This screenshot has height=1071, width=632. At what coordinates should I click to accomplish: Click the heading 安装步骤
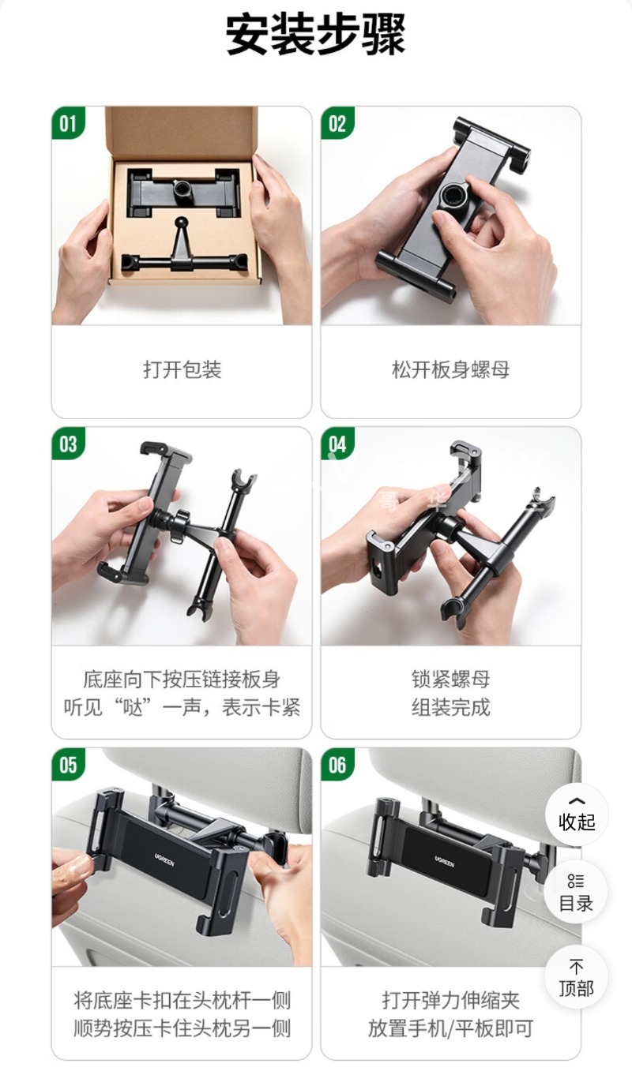316,36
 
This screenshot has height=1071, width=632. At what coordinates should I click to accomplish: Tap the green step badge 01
69,124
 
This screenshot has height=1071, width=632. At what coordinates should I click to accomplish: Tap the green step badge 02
337,124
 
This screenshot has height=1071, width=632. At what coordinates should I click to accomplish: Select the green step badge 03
69,444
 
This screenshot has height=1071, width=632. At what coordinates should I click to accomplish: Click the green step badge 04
337,444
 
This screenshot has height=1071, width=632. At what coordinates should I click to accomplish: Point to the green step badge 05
69,765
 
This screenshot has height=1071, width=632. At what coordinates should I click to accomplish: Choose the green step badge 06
337,765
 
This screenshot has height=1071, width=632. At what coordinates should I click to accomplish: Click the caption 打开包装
182,369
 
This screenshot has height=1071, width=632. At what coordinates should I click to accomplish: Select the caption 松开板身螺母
450,369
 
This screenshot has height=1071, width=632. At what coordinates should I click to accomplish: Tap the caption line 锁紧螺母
450,679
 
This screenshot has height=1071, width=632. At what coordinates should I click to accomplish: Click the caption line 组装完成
450,707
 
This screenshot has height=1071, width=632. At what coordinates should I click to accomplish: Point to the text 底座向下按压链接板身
182,679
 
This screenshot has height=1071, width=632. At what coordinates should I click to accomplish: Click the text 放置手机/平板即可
450,1028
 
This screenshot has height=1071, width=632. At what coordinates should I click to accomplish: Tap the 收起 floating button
577,814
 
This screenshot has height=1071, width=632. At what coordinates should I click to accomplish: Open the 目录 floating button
577,892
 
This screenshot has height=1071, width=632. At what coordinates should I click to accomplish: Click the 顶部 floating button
577,977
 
